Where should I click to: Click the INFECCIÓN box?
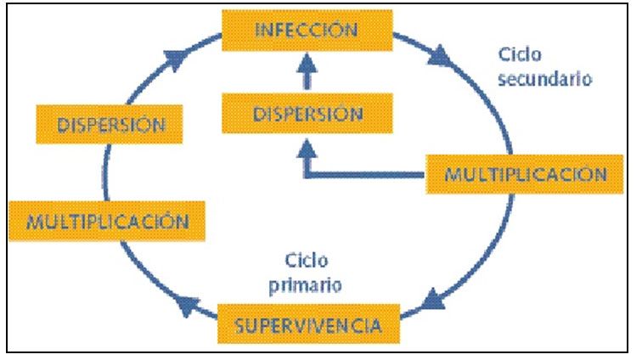tap(307, 31)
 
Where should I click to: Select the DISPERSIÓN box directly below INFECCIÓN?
tap(307, 113)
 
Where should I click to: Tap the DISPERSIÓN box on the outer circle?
tap(110, 124)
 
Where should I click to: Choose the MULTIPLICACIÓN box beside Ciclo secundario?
tap(525, 174)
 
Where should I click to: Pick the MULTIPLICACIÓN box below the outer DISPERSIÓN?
tap(107, 221)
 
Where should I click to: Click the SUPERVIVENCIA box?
tap(308, 324)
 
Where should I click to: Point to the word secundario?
tap(545, 78)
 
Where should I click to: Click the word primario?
tap(305, 285)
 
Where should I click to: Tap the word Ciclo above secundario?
tap(520, 54)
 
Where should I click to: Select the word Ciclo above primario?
tap(307, 261)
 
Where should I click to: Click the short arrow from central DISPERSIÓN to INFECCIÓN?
tap(307, 70)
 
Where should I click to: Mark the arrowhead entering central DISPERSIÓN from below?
tap(307, 149)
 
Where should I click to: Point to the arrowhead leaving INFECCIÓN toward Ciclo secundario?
tap(439, 57)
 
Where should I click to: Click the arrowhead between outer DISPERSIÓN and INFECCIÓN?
tap(176, 59)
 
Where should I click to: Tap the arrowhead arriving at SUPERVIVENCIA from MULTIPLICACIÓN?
tap(433, 300)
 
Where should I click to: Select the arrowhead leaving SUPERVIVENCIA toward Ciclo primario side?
tap(188, 306)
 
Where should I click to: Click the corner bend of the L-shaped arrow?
tap(307, 175)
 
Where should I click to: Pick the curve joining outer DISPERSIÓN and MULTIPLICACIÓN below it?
tap(105, 172)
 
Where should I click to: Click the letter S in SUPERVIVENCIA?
tap(240, 325)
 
